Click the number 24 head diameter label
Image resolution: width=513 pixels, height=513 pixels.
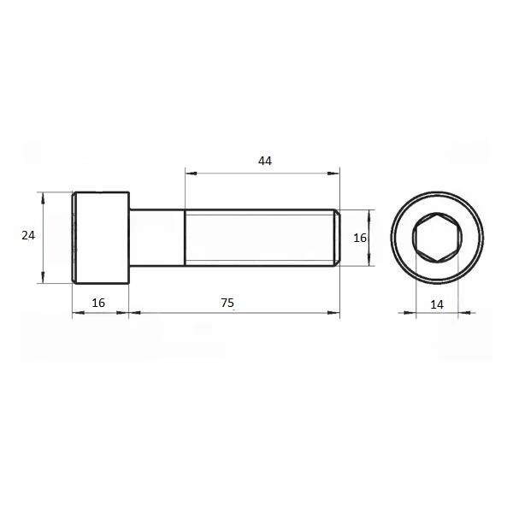click(x=28, y=235)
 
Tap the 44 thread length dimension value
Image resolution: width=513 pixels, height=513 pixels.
click(x=265, y=161)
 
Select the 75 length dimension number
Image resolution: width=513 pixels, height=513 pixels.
click(x=227, y=303)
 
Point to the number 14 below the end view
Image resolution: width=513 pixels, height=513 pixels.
click(x=437, y=304)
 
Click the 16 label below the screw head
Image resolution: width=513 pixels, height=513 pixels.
click(x=98, y=303)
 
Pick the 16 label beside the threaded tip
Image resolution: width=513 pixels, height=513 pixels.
click(x=360, y=238)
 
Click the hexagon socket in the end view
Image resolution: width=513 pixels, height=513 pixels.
click(x=437, y=238)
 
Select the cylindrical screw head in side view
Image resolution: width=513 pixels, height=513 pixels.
click(x=101, y=238)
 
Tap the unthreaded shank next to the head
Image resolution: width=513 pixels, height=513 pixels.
click(x=157, y=238)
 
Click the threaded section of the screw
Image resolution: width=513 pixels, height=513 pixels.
click(x=260, y=238)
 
